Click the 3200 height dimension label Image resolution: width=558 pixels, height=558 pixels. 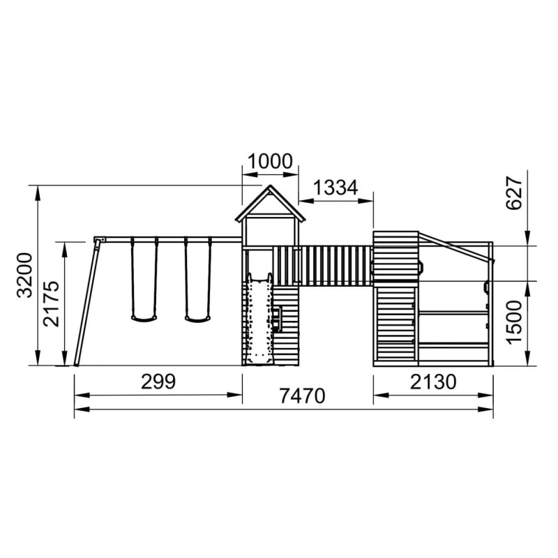25,275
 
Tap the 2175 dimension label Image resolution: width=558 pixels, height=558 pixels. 51,303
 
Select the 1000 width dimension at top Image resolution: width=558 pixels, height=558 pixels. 270,161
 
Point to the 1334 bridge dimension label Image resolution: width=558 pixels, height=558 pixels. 335,188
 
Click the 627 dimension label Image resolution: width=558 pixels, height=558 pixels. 514,193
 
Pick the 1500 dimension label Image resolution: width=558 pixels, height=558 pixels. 514,322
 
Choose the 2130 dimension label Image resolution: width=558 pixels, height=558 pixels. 433,382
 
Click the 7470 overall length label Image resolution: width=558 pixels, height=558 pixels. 302,395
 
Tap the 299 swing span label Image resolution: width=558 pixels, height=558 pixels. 158,382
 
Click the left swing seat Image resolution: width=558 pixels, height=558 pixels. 144,319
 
